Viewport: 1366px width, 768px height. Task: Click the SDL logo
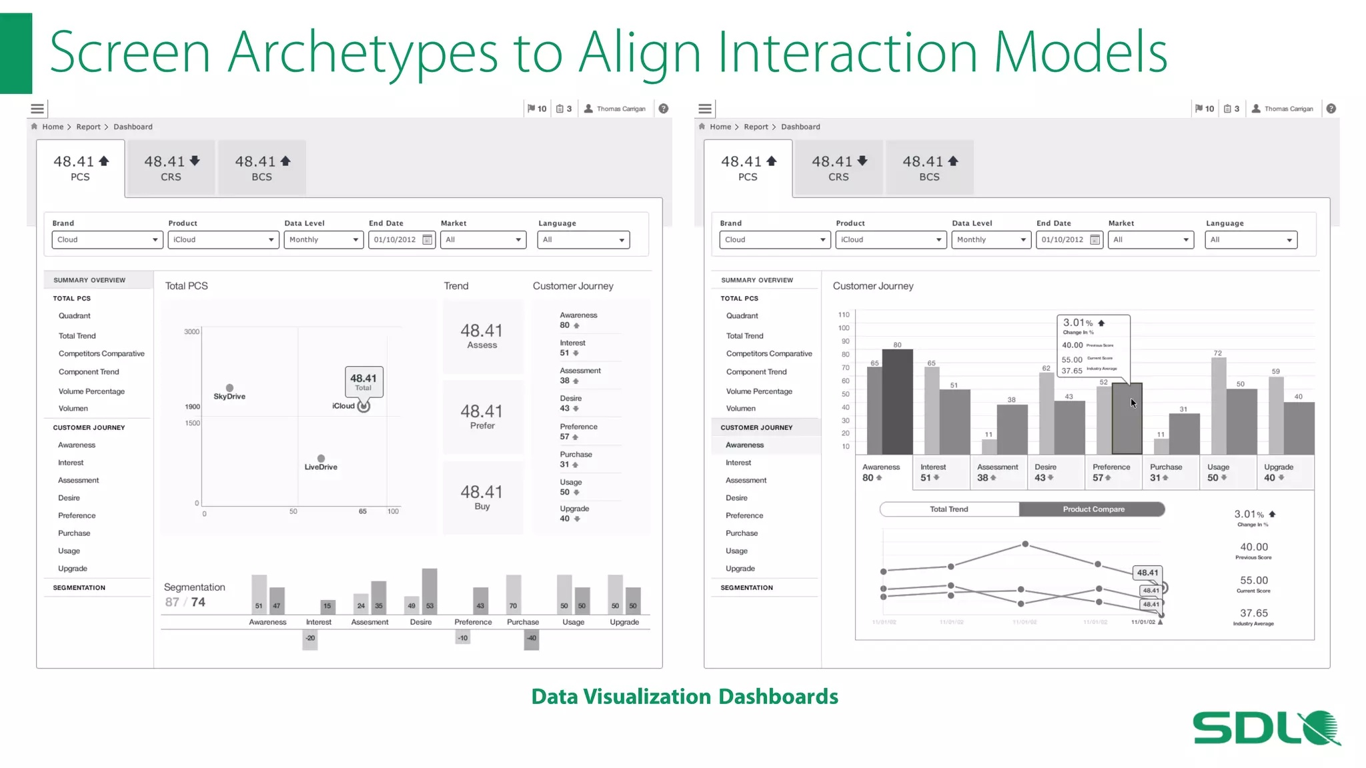point(1265,728)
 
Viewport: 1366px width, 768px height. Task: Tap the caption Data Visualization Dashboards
point(684,696)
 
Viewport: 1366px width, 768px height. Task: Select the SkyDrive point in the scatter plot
point(229,388)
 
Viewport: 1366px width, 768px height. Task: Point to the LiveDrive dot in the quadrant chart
point(321,459)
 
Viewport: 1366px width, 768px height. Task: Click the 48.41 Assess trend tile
point(482,336)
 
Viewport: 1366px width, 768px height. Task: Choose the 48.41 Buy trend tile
point(482,497)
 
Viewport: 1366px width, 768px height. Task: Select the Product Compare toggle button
point(1093,509)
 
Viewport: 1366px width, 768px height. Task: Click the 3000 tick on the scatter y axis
point(191,331)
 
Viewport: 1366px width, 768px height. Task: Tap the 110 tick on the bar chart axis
point(844,315)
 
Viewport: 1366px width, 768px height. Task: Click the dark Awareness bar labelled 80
point(897,402)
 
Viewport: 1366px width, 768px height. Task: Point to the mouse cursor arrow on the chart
point(1133,403)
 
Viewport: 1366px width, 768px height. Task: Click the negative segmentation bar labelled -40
point(531,639)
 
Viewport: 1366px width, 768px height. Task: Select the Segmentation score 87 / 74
point(185,602)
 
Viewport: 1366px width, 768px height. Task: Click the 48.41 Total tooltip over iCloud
point(364,382)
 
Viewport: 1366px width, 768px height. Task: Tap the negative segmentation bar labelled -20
point(310,639)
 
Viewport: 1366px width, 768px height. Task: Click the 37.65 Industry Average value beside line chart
point(1253,613)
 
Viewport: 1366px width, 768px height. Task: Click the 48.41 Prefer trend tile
point(482,417)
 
